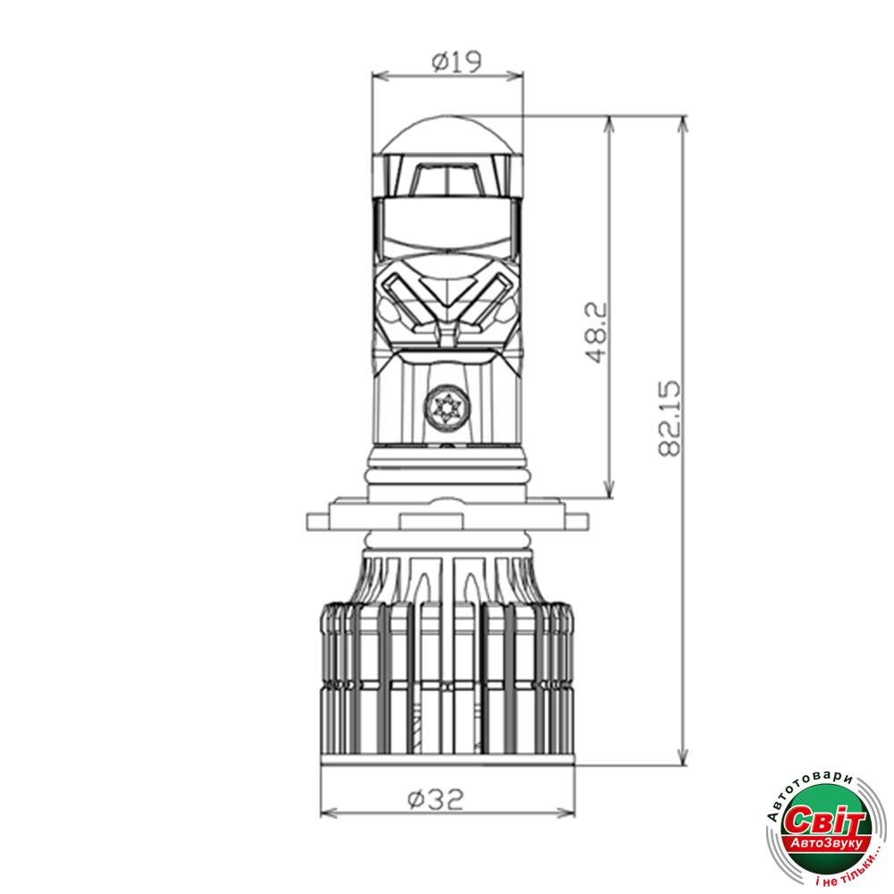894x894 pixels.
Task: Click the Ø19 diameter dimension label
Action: [457, 62]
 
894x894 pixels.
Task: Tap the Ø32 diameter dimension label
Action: [435, 799]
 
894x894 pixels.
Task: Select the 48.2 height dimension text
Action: [597, 333]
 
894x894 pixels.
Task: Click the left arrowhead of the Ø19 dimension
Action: [380, 76]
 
